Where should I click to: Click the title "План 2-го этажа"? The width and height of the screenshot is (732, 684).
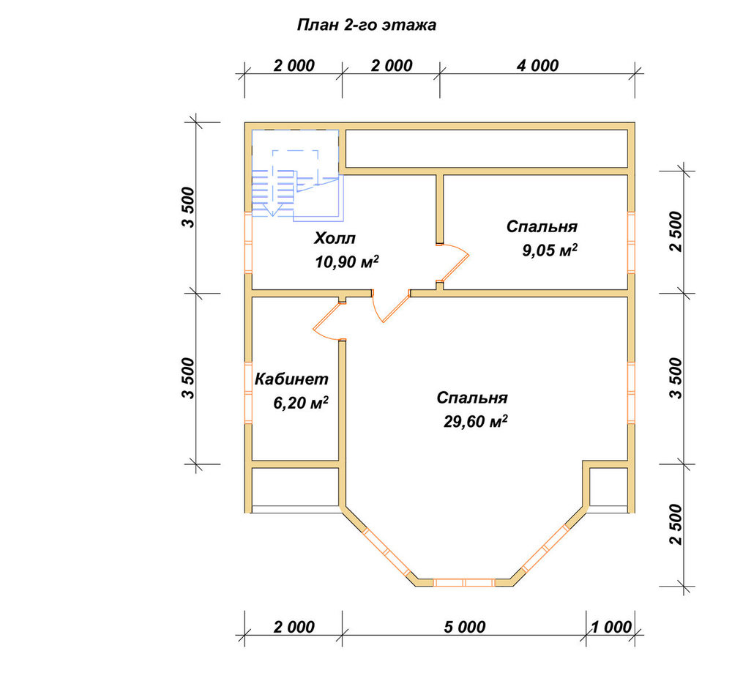367,25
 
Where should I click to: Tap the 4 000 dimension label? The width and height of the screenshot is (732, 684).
537,66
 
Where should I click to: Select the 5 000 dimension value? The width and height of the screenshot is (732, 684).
465,627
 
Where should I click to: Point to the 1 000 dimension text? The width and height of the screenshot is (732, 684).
611,627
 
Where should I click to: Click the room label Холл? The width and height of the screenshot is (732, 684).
335,238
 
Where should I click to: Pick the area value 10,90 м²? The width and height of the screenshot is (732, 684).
347,262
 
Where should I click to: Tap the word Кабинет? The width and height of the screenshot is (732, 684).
291,379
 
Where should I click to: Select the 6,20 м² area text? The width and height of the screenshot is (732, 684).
301,403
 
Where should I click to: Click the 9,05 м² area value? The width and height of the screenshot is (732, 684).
550,250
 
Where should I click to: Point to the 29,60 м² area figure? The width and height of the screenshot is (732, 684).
475,422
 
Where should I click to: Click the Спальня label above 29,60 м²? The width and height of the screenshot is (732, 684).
472,398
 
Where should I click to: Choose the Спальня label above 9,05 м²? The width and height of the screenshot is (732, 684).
542,226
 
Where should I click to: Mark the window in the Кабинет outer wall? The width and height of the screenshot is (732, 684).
248,393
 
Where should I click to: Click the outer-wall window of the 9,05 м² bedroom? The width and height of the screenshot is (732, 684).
631,242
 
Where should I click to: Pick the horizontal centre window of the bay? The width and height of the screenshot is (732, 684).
464,582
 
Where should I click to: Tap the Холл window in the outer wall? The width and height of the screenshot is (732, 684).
248,242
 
